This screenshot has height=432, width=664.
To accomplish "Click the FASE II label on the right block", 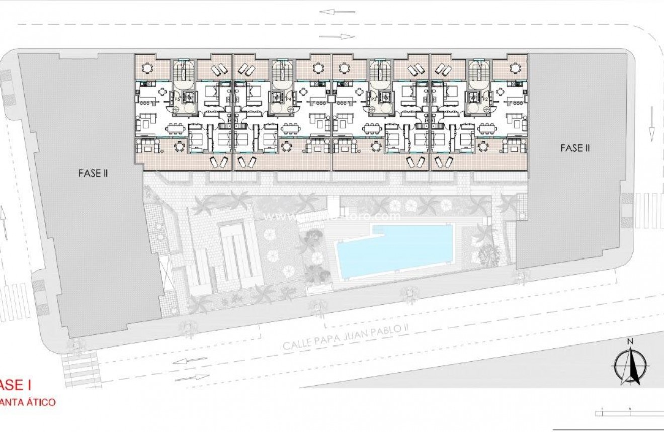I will pyautogui.click(x=575, y=148).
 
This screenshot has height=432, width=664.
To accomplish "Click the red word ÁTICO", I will pyautogui.click(x=40, y=402).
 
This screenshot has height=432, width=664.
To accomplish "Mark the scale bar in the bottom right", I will pyautogui.click(x=629, y=413).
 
